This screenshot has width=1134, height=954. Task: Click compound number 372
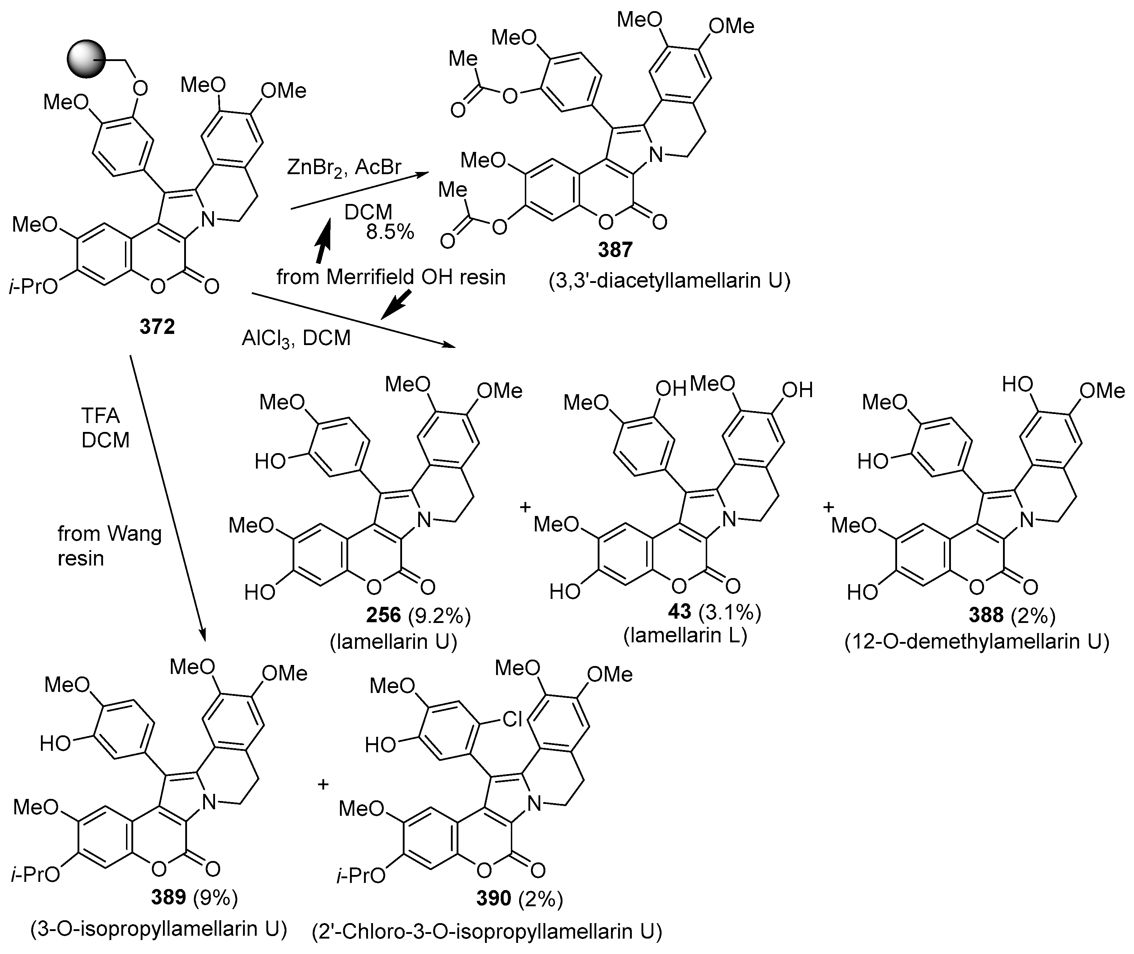coord(157,327)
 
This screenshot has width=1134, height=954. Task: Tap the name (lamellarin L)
coord(685,636)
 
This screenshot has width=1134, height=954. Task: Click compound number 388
coord(986,615)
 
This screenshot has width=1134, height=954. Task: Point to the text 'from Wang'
coord(110,534)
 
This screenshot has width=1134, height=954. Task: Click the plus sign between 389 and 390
coord(323,784)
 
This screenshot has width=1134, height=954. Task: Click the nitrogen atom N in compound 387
coord(655,156)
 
